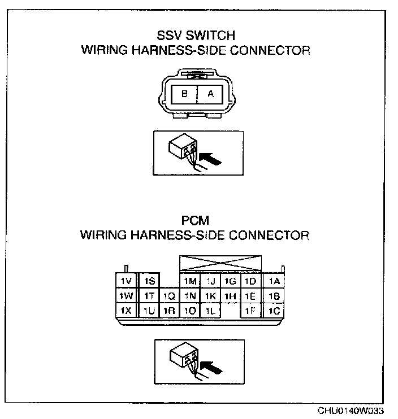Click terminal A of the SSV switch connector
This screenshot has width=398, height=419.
(x=210, y=95)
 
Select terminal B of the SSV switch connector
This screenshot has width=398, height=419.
(x=184, y=95)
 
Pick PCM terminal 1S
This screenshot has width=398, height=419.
(x=149, y=281)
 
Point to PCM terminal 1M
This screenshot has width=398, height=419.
(x=190, y=281)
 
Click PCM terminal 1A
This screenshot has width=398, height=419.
(x=274, y=281)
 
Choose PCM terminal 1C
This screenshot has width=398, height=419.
(x=274, y=311)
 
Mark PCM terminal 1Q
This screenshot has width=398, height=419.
(x=168, y=296)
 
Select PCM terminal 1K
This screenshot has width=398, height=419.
(x=210, y=296)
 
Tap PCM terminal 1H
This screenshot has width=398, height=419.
(x=230, y=296)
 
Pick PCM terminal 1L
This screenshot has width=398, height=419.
(x=210, y=311)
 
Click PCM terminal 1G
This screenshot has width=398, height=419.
(x=230, y=281)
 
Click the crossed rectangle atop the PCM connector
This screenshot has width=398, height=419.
(x=220, y=264)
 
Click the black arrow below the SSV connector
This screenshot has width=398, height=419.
(x=211, y=159)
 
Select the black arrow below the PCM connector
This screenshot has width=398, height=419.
(x=211, y=367)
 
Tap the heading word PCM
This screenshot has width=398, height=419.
(x=195, y=221)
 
